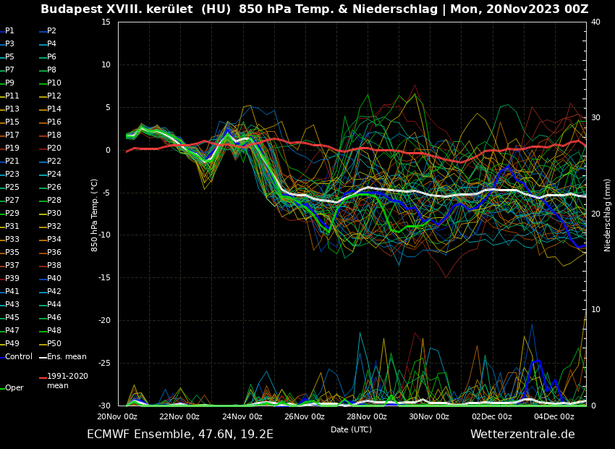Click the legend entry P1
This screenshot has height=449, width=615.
click(x=9, y=31)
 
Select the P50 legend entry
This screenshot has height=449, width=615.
click(x=54, y=344)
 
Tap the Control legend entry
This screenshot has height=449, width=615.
click(x=18, y=357)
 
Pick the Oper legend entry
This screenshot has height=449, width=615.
click(x=14, y=388)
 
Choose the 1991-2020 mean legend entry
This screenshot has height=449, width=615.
click(x=67, y=381)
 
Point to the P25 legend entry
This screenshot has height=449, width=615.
click(x=12, y=188)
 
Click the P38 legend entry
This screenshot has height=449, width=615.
click(x=54, y=266)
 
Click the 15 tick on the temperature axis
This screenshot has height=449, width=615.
click(x=106, y=22)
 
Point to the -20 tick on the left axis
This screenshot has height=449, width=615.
click(x=103, y=321)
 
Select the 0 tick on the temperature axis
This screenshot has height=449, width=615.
click(x=108, y=151)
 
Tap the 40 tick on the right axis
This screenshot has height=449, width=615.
click(x=595, y=22)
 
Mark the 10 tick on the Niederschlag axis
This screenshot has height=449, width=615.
click(x=595, y=310)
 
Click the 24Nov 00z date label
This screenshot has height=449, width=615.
click(x=242, y=417)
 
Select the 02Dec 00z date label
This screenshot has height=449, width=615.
click(x=492, y=417)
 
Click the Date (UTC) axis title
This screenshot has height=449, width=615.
click(x=352, y=430)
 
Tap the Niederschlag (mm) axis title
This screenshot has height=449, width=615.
click(x=608, y=215)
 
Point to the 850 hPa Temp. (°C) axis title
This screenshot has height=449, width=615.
click(x=95, y=215)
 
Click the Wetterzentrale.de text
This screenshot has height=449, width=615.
click(x=522, y=435)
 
